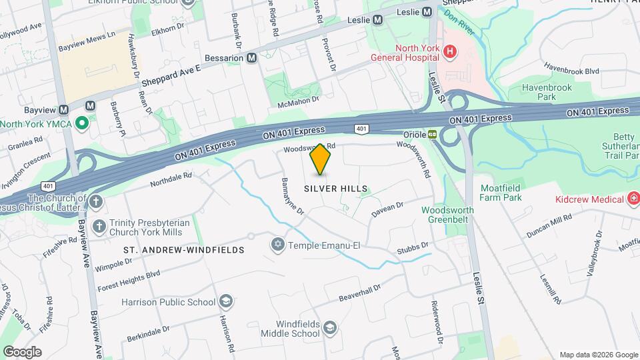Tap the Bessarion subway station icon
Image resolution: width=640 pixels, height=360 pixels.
click(251, 58)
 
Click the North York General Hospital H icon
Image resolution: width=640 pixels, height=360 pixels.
click(451, 51)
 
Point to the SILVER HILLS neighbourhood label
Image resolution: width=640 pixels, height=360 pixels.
click(336, 189)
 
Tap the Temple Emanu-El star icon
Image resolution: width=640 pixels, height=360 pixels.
click(278, 245)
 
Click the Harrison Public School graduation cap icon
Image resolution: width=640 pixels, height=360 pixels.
click(226, 302)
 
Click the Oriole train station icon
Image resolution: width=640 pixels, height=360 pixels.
click(432, 134)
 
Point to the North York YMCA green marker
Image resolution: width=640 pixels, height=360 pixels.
click(81, 123)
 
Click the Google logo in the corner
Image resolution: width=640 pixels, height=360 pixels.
click(22, 351)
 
